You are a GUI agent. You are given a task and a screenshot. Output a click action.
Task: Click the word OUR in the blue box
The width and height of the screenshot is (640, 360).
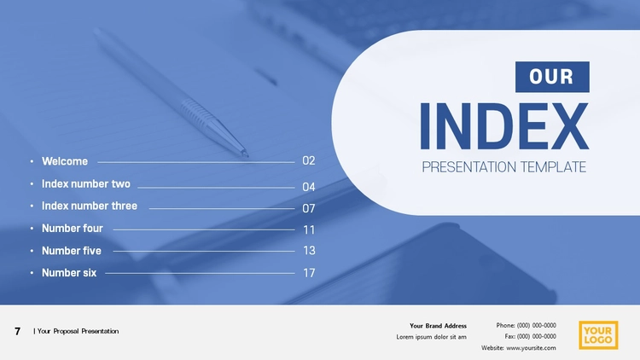pyautogui.click(x=551, y=77)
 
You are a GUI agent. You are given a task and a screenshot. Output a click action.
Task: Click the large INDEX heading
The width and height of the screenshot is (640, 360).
pyautogui.click(x=504, y=126)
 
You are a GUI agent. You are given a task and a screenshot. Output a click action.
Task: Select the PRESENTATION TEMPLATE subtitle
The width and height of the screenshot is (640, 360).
pyautogui.click(x=504, y=167)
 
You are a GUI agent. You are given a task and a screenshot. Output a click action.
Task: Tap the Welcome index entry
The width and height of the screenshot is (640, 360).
pyautogui.click(x=65, y=161)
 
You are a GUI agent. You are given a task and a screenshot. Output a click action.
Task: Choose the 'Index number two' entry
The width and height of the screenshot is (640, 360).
pyautogui.click(x=86, y=183)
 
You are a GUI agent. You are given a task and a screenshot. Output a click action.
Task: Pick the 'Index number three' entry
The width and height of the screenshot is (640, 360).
pyautogui.click(x=90, y=206)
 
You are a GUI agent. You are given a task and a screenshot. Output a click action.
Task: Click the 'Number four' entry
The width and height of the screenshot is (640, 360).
pyautogui.click(x=73, y=228)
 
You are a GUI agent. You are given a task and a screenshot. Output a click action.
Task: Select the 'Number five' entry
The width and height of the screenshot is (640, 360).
pyautogui.click(x=72, y=251)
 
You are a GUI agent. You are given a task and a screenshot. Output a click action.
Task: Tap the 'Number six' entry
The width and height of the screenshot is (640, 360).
pyautogui.click(x=69, y=273)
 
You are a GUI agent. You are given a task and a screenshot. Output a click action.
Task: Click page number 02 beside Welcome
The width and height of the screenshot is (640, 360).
pyautogui.click(x=309, y=160)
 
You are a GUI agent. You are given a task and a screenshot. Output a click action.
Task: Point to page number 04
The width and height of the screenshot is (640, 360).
pyautogui.click(x=309, y=187)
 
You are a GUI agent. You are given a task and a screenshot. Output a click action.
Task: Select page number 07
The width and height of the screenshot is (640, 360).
pyautogui.click(x=309, y=208)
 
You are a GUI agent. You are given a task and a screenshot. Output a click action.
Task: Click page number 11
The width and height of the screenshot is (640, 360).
pyautogui.click(x=309, y=229)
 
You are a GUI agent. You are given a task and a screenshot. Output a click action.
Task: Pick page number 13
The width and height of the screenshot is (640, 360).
pyautogui.click(x=309, y=250)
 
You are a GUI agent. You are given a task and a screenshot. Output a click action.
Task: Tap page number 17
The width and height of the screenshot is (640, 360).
pyautogui.click(x=309, y=273)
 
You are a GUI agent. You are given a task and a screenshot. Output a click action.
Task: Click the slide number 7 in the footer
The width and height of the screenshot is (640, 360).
pyautogui.click(x=18, y=331)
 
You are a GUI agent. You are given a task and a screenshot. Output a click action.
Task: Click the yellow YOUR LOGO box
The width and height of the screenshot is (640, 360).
pyautogui.click(x=598, y=335)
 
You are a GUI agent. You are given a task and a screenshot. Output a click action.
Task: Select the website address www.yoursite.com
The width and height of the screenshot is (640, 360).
pyautogui.click(x=531, y=348)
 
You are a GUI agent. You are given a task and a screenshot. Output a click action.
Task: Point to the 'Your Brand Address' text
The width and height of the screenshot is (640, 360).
pyautogui.click(x=438, y=326)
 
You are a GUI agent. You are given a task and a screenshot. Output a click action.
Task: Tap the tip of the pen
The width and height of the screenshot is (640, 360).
pyautogui.click(x=246, y=154)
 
